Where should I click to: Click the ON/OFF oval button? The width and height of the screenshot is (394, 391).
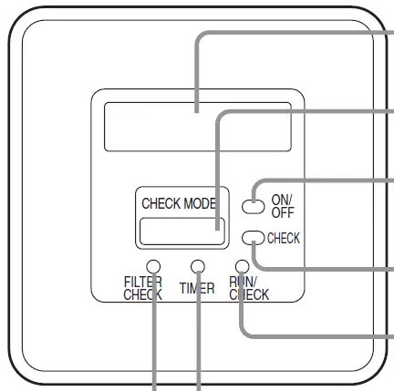click(254, 207)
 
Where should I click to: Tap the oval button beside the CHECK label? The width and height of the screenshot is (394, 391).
click(254, 238)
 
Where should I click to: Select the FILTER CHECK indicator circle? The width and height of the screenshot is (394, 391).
click(153, 267)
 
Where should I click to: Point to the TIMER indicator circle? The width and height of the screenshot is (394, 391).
click(198, 267)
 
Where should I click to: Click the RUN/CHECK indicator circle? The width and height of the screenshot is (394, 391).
click(243, 267)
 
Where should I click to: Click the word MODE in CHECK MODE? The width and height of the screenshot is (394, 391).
click(200, 203)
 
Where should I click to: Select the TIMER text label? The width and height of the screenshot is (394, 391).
click(197, 288)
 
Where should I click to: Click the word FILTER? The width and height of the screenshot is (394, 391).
click(143, 282)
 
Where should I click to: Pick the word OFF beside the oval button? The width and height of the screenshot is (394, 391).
click(283, 212)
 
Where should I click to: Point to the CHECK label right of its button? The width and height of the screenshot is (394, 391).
click(284, 238)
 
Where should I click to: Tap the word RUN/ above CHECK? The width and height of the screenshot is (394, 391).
click(243, 282)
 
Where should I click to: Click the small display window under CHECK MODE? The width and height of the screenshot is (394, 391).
click(182, 232)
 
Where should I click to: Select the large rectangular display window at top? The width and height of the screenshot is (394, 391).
click(198, 127)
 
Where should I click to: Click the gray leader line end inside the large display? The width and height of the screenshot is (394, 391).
click(197, 112)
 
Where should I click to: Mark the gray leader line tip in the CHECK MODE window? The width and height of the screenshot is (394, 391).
click(217, 230)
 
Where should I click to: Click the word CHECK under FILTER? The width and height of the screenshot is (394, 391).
click(143, 294)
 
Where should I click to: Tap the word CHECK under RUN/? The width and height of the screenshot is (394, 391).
click(249, 294)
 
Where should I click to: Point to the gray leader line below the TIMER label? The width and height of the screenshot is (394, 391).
click(199, 343)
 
